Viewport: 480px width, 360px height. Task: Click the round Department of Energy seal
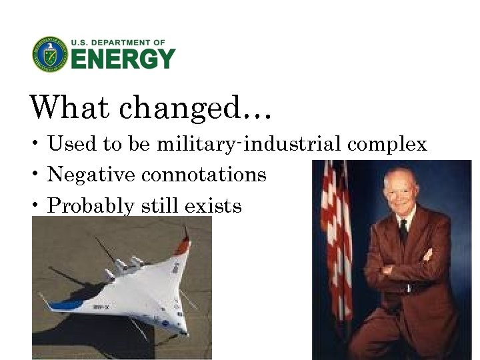pos(50,54)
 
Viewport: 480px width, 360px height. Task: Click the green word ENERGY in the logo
pos(123,59)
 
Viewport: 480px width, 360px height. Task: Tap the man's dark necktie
pos(403,232)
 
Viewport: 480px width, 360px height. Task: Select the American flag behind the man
pos(336,240)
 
